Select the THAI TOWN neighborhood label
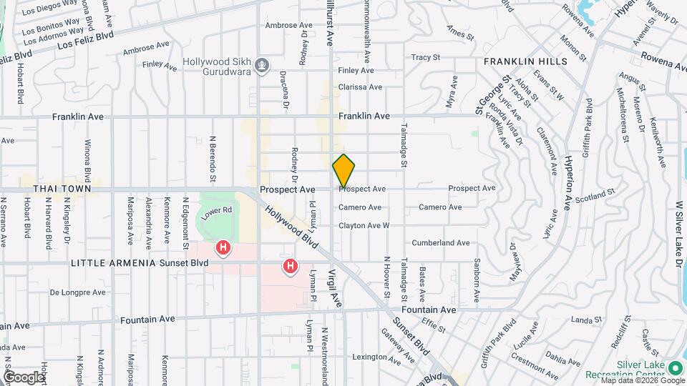coord(62,189)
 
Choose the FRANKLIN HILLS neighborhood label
coord(525,62)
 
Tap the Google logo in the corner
coord(24,377)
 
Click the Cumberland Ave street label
coord(440,243)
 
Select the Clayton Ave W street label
coord(364,225)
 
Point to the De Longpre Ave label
coord(77,292)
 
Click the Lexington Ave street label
coord(374,357)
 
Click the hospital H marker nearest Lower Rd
coord(224,248)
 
